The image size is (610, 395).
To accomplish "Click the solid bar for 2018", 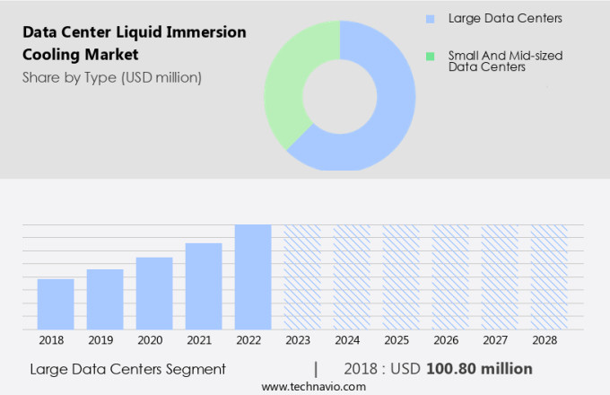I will [x=56, y=303].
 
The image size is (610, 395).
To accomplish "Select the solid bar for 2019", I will [x=105, y=299].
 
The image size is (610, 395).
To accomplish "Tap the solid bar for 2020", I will [x=154, y=293].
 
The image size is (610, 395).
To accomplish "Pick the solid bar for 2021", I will [x=204, y=285].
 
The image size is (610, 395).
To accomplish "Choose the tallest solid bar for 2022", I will [x=253, y=276].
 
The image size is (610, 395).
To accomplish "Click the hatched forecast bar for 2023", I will [x=302, y=276].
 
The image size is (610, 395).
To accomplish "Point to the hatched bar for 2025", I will [x=401, y=276].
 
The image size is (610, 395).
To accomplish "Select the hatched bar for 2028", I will [x=548, y=276].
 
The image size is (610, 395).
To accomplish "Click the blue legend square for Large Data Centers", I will [x=430, y=19].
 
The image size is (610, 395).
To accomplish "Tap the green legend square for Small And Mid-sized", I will [x=430, y=56].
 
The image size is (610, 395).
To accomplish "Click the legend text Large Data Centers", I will [x=499, y=19].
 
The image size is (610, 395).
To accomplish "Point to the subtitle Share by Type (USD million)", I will [x=112, y=77].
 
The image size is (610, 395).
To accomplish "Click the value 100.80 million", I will [x=479, y=369].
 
